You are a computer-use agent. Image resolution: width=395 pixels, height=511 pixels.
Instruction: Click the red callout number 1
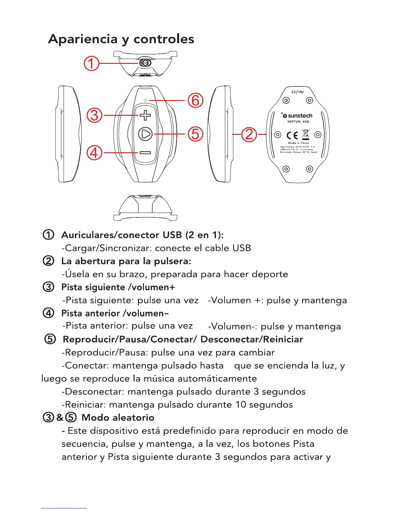tap(91, 64)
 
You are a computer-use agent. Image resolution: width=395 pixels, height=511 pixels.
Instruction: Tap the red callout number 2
tap(249, 134)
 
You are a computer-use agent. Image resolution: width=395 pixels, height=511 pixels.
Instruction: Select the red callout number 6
tap(196, 100)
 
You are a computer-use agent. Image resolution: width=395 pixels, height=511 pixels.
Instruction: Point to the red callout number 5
tap(196, 134)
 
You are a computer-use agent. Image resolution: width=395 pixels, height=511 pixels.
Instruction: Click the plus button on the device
tap(145, 115)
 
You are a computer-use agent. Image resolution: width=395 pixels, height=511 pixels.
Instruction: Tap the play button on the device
tap(146, 134)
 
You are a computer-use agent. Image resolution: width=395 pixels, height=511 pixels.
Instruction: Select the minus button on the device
tap(145, 153)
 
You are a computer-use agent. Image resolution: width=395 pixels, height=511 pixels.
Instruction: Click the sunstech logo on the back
tap(297, 115)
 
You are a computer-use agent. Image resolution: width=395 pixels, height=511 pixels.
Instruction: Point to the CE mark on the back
tap(292, 135)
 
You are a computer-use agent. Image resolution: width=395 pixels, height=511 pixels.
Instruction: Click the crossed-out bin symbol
tap(305, 134)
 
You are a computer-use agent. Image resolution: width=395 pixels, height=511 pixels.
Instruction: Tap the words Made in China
tap(298, 143)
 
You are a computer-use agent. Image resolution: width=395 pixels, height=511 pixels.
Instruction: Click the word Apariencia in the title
tap(83, 39)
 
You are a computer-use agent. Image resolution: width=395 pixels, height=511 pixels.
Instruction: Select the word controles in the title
tap(164, 39)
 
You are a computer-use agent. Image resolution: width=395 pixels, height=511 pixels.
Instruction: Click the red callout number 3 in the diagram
tap(95, 115)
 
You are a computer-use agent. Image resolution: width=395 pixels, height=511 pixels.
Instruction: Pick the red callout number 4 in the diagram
tap(94, 153)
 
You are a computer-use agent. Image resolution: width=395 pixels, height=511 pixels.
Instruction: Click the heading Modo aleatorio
tap(118, 417)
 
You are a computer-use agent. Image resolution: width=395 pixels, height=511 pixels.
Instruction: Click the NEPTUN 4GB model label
tap(298, 122)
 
